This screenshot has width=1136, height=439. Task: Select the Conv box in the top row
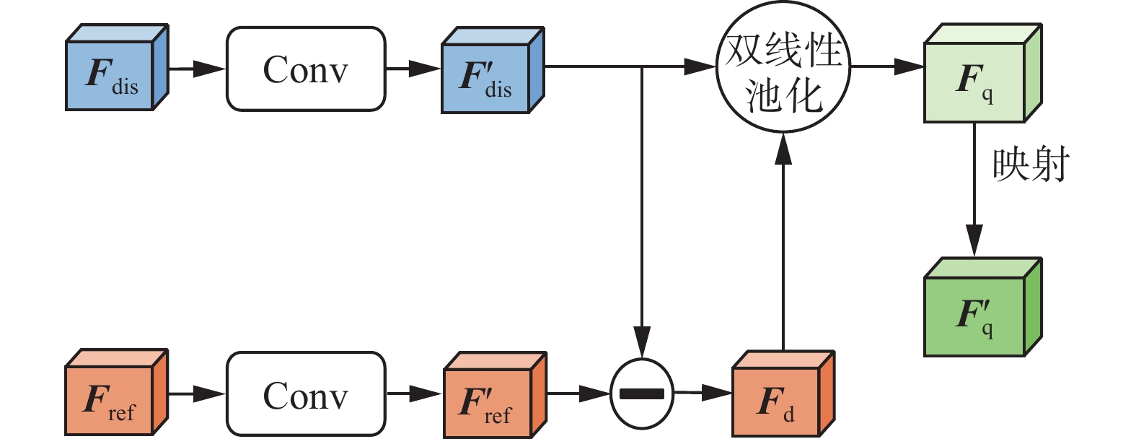[x=306, y=69]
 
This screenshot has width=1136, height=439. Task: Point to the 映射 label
[x=1031, y=165]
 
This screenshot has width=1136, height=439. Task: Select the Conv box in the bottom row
[x=306, y=394]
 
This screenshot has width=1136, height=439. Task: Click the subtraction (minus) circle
[x=642, y=394]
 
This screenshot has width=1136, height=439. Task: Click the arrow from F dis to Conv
[x=197, y=69]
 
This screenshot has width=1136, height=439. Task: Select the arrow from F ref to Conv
[x=197, y=394]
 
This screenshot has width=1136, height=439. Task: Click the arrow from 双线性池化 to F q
[x=887, y=67]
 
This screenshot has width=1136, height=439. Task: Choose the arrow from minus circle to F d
[x=703, y=394]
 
